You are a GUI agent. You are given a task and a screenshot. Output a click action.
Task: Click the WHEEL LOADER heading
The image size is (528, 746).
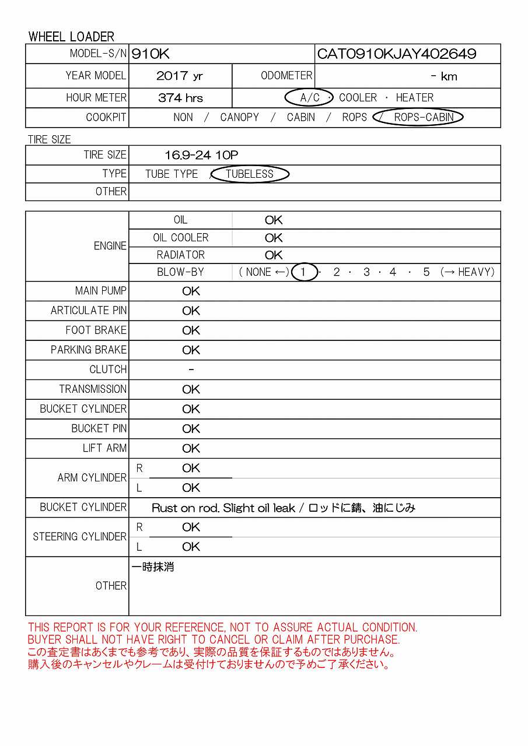(71, 37)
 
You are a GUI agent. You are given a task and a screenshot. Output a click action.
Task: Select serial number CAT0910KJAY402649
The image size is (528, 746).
(397, 54)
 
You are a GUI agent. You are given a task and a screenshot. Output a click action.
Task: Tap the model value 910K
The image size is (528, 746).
(151, 54)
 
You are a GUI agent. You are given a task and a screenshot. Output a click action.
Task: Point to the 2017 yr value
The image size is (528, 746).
(180, 76)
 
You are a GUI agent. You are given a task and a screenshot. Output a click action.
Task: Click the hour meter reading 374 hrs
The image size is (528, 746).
(180, 98)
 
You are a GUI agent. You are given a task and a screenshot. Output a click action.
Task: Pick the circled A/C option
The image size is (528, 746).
(309, 98)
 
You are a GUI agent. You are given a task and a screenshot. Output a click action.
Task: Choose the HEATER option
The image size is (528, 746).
(414, 98)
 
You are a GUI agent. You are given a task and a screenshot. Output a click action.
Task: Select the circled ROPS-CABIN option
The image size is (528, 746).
(424, 117)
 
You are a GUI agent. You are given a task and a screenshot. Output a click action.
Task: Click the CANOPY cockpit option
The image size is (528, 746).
(239, 117)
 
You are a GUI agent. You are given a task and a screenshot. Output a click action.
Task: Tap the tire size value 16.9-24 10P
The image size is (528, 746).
(201, 155)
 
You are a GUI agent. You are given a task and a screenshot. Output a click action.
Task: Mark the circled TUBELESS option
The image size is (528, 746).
(250, 174)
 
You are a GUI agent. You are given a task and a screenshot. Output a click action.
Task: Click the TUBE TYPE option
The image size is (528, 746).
(172, 174)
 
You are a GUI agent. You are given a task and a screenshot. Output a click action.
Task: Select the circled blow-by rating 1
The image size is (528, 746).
(303, 272)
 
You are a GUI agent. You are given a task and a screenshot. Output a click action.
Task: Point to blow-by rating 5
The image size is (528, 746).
(426, 272)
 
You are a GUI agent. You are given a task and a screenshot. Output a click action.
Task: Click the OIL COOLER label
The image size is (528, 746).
(180, 238)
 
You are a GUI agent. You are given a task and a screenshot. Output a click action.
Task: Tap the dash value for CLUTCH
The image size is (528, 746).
(191, 370)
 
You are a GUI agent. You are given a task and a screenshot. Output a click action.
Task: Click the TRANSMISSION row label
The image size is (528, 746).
(93, 389)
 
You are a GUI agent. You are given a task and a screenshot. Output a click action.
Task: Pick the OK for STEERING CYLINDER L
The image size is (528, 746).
(191, 547)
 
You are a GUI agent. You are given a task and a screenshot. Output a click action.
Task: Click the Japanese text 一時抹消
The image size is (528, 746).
(153, 567)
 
